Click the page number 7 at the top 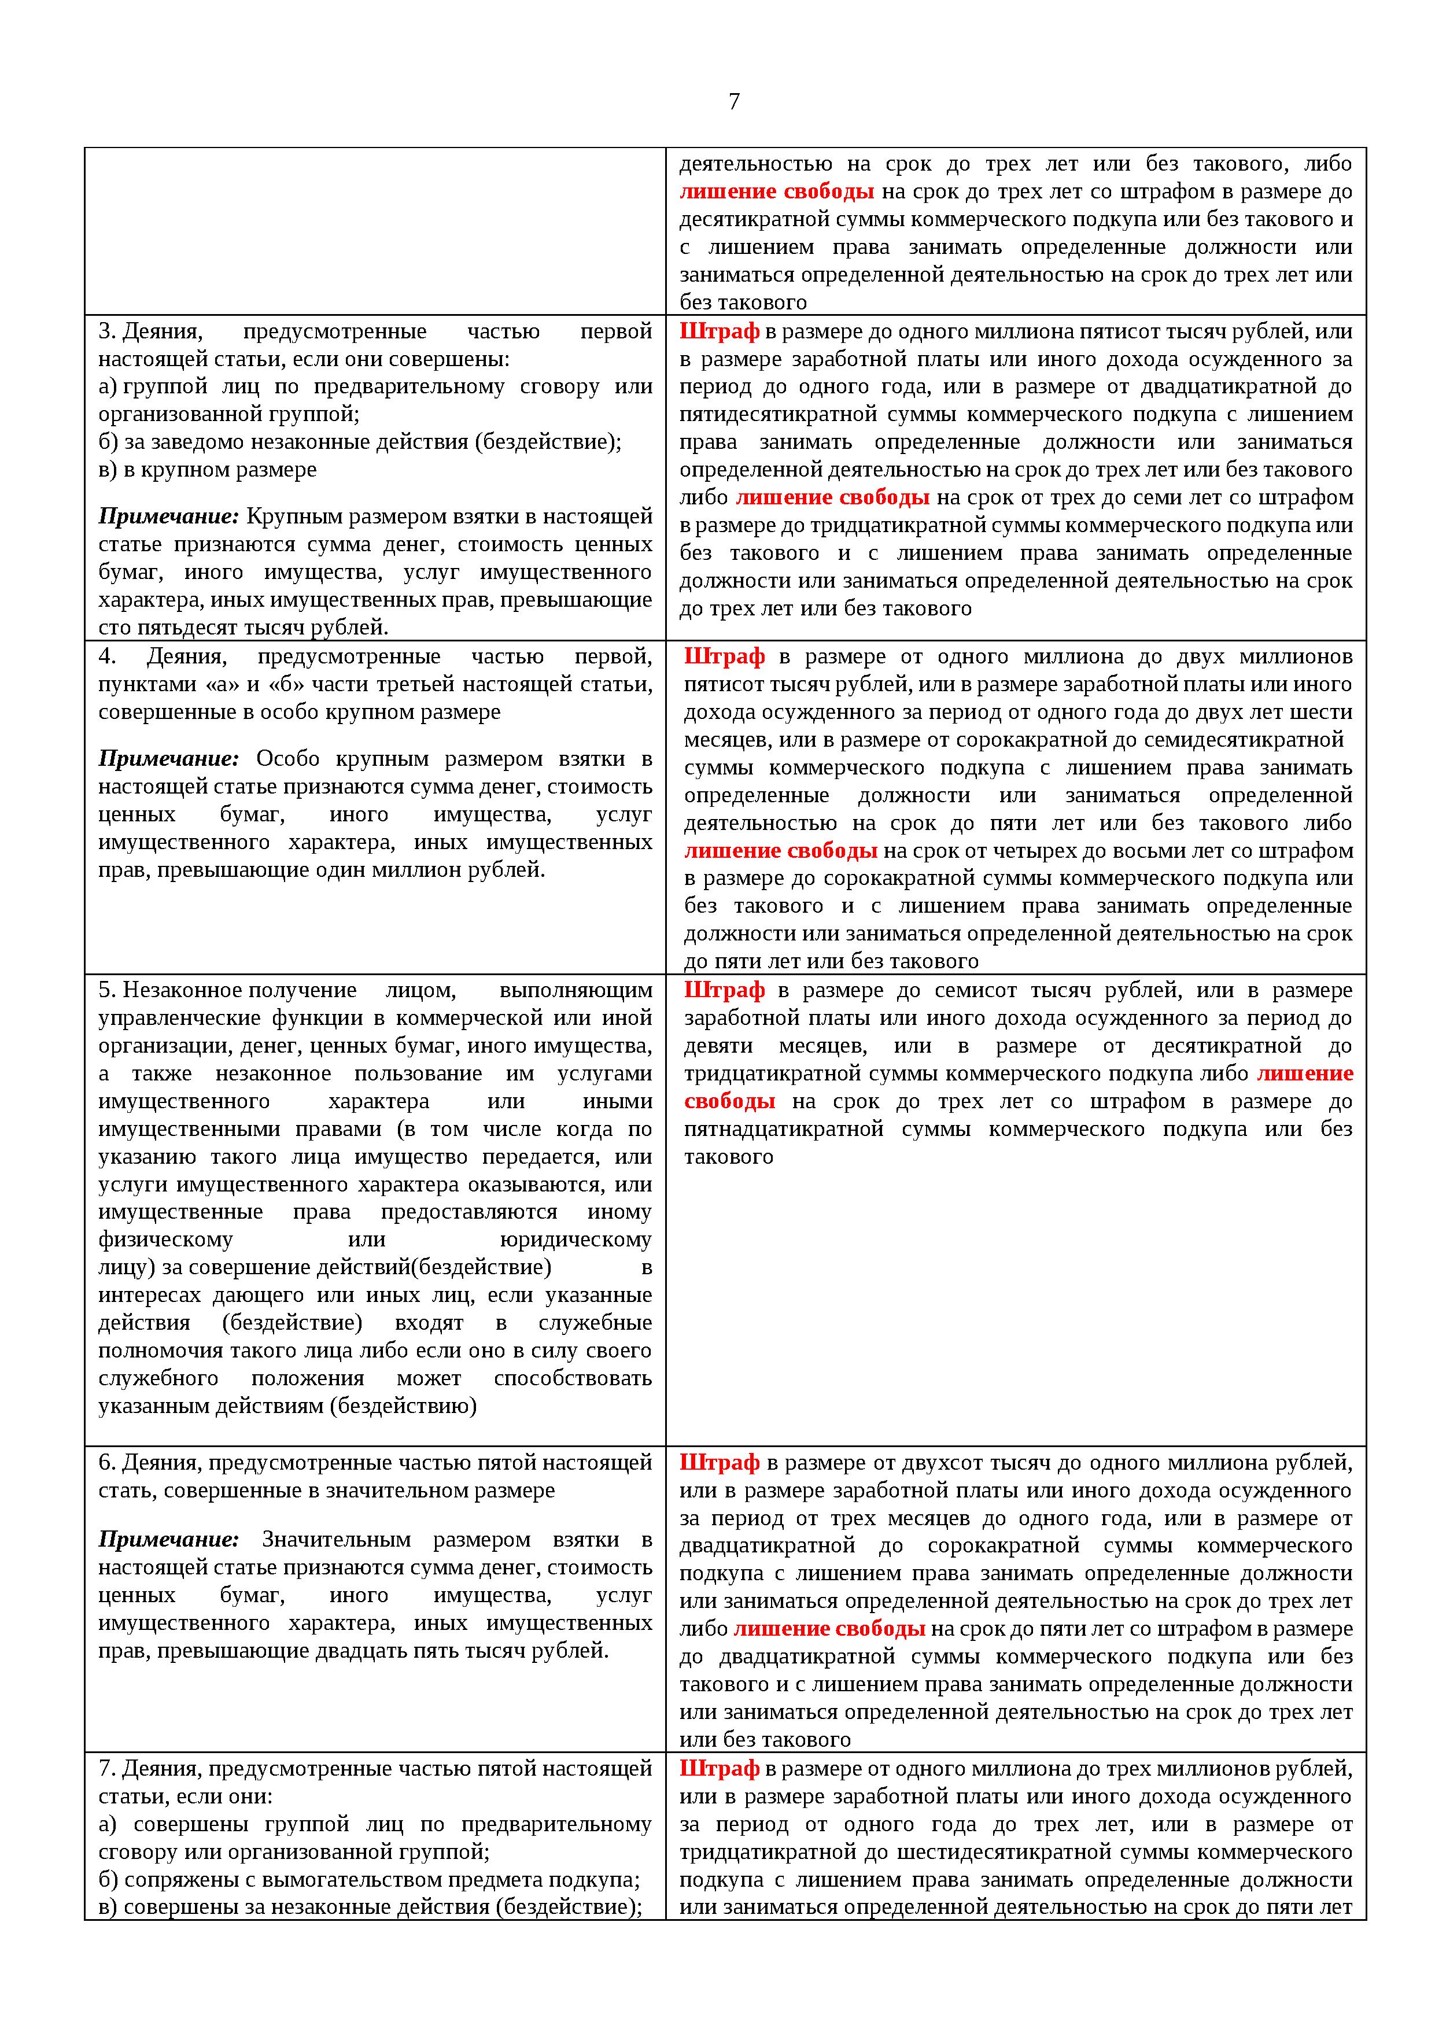coord(733,102)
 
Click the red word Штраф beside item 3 coord(720,331)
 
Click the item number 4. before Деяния coord(107,656)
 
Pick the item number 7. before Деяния coord(107,1768)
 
